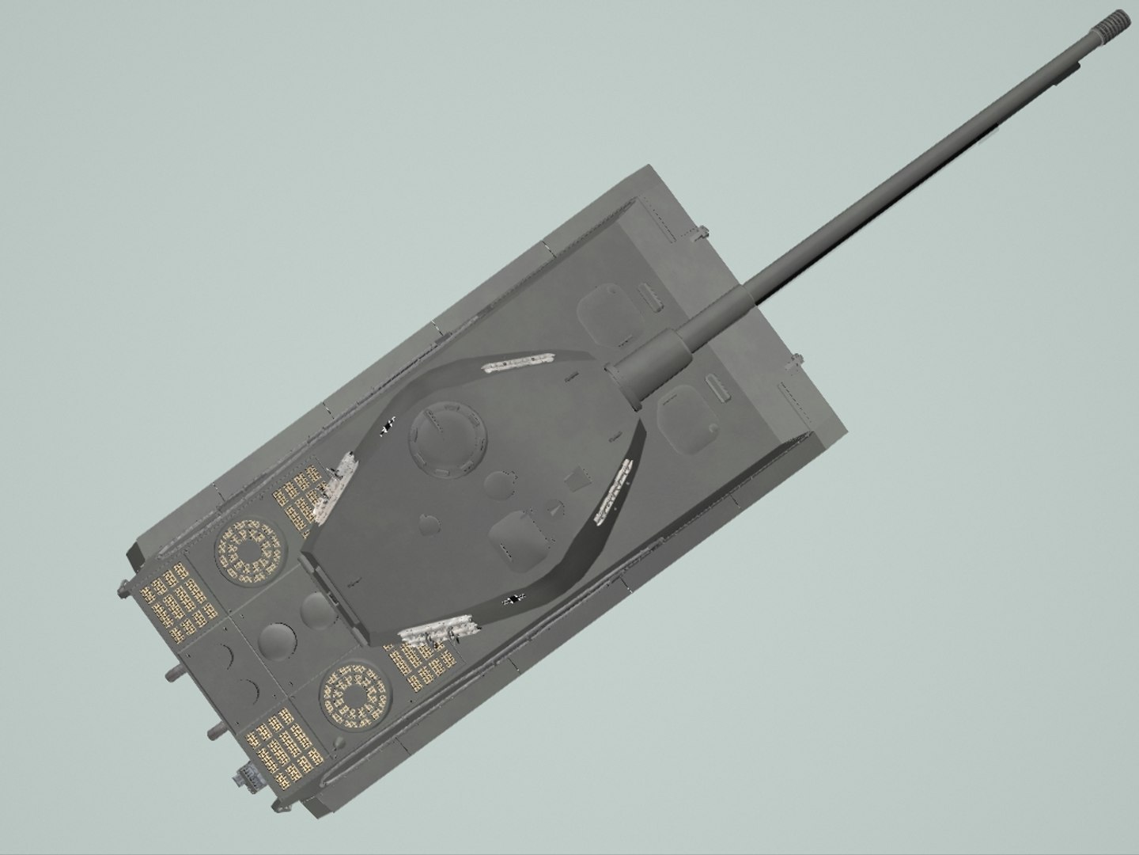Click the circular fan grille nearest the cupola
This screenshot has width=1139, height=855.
click(248, 551)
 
